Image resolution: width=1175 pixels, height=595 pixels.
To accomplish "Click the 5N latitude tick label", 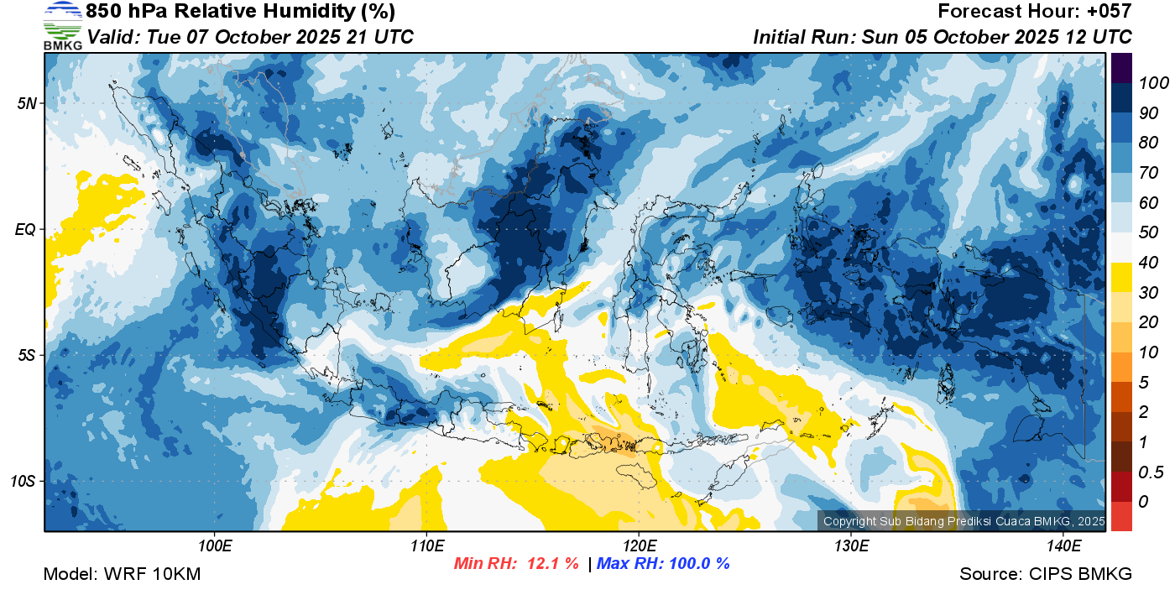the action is click(x=27, y=103).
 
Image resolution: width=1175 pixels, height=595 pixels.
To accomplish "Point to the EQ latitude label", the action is click(x=26, y=229).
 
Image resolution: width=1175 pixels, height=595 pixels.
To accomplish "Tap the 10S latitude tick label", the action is click(x=23, y=481).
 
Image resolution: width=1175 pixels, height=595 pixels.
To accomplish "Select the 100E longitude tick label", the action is click(x=215, y=546).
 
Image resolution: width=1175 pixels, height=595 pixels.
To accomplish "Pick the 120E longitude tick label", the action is click(x=640, y=546).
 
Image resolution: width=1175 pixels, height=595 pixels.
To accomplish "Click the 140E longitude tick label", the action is click(x=1064, y=546).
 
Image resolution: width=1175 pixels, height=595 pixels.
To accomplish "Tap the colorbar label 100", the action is click(x=1153, y=83).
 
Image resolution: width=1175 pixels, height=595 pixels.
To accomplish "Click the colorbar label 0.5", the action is click(x=1151, y=472).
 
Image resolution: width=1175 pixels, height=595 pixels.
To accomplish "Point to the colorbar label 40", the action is click(x=1148, y=263).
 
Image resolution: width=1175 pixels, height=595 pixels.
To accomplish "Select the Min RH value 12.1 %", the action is click(x=553, y=563).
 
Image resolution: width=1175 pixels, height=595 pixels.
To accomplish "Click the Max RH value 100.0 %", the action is click(x=699, y=563).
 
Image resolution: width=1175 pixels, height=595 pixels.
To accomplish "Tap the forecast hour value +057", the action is click(x=1109, y=11).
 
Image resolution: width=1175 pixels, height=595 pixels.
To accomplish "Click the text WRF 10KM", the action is click(x=152, y=574).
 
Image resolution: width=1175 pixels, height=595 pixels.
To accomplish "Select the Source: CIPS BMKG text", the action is click(x=1046, y=574).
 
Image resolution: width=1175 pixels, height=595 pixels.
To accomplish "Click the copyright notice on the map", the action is click(x=963, y=521).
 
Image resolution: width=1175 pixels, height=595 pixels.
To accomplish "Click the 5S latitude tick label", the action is click(x=27, y=355).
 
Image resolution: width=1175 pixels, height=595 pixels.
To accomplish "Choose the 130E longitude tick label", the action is click(x=852, y=546).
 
